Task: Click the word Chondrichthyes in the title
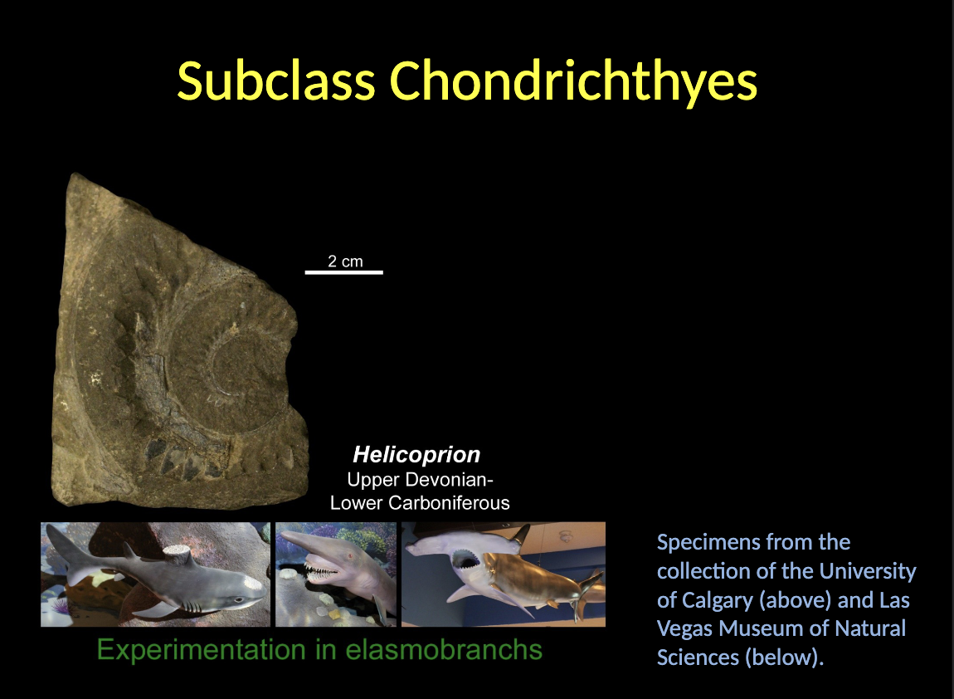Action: (x=573, y=82)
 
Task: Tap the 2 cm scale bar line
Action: (x=343, y=271)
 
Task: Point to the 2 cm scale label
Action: (x=345, y=262)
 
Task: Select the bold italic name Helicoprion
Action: (x=416, y=455)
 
